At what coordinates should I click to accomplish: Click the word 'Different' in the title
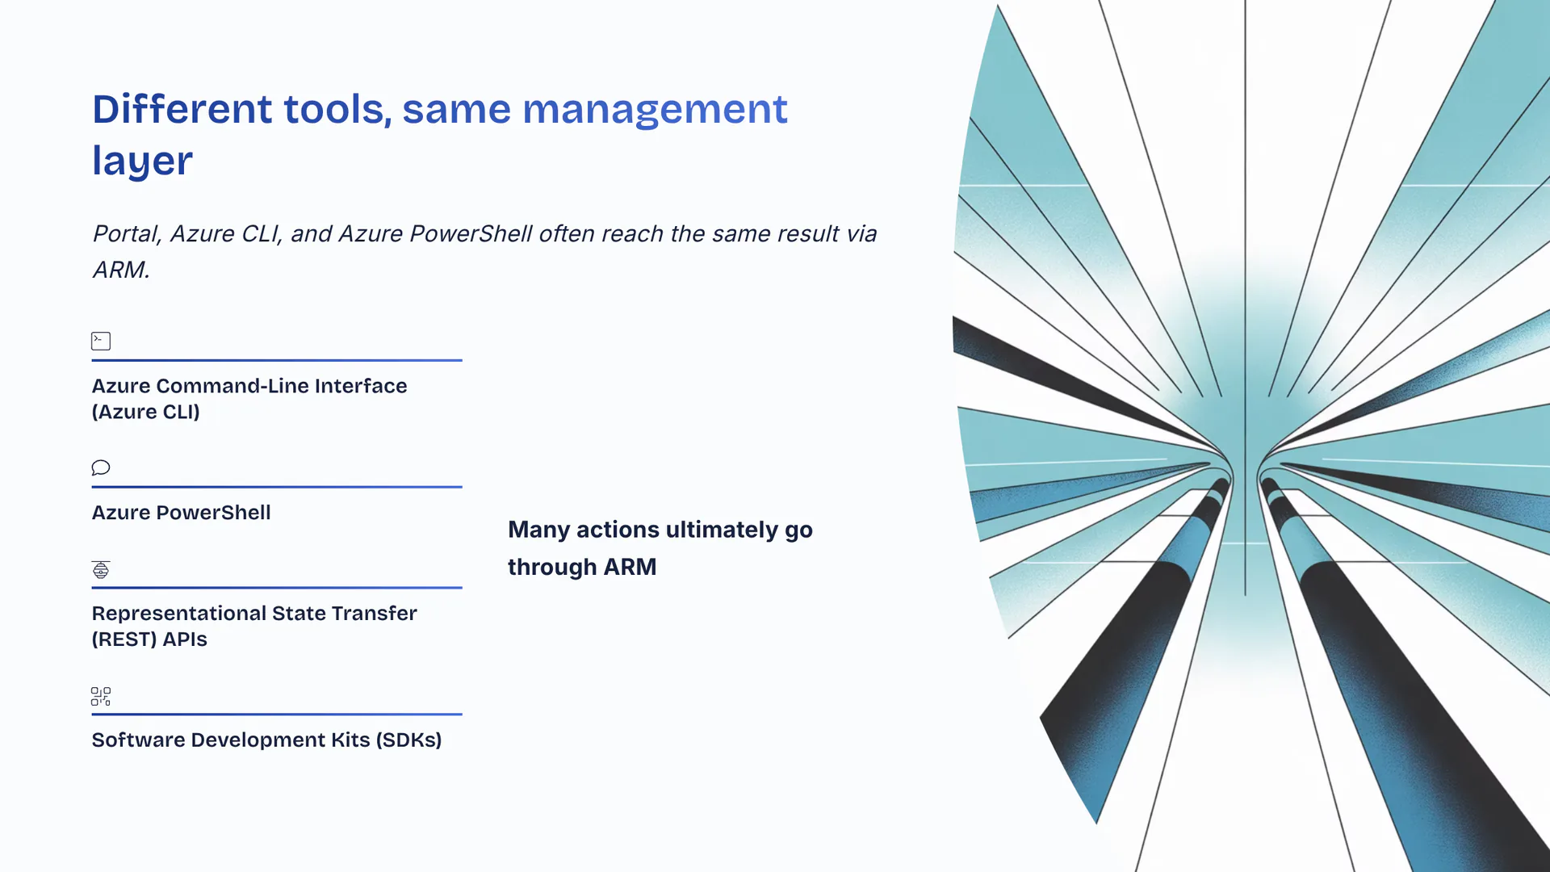(182, 109)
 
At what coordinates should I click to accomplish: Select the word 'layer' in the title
(142, 161)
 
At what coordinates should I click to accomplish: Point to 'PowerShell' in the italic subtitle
(471, 233)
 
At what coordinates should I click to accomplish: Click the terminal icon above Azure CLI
(101, 341)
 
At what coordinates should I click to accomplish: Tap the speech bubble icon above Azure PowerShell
(101, 467)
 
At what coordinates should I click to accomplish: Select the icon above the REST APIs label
(101, 569)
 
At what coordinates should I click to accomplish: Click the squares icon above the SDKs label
(101, 696)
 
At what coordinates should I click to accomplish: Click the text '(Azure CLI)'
(145, 412)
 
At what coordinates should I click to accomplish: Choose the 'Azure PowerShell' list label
(181, 513)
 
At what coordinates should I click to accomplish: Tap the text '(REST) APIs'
(149, 639)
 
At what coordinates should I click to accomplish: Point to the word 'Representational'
(179, 614)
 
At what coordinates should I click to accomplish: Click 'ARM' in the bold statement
(630, 567)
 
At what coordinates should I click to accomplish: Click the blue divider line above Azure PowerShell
(277, 487)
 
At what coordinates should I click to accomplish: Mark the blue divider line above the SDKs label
(277, 714)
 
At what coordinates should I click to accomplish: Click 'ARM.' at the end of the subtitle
(121, 270)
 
